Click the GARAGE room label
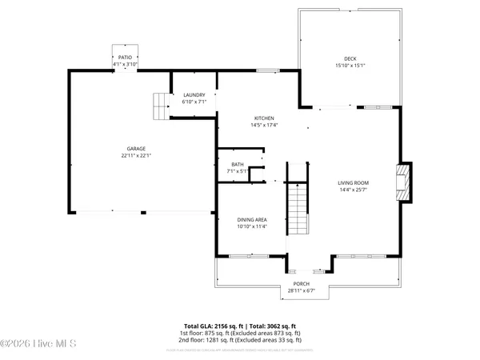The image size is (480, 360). pyautogui.click(x=135, y=149)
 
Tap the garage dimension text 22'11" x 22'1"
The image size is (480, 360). pyautogui.click(x=135, y=156)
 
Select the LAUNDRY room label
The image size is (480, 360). pyautogui.click(x=194, y=95)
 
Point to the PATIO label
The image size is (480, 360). pyautogui.click(x=125, y=57)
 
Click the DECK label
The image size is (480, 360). pyautogui.click(x=350, y=58)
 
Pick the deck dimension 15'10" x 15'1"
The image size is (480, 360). pyautogui.click(x=350, y=66)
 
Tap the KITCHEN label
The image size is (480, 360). pyautogui.click(x=264, y=118)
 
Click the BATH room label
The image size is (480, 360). pyautogui.click(x=238, y=163)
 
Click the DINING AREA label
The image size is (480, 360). pyautogui.click(x=251, y=219)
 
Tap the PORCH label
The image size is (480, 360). pyautogui.click(x=301, y=284)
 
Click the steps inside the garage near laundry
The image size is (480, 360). pyautogui.click(x=162, y=105)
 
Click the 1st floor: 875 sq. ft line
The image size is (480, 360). pyautogui.click(x=240, y=333)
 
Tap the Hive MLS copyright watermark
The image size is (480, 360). pyautogui.click(x=38, y=344)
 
